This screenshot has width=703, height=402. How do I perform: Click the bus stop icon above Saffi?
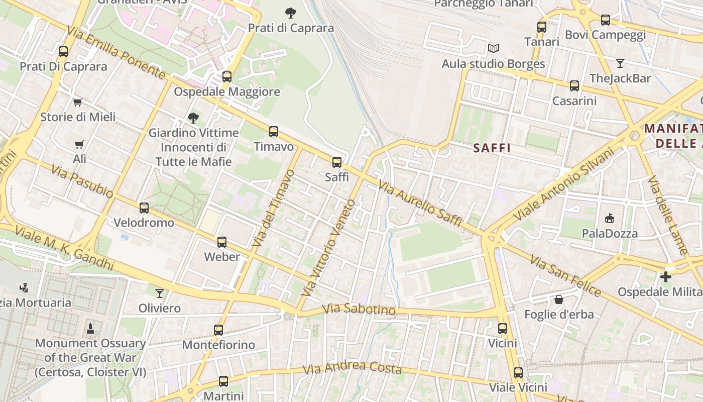pyautogui.click(x=337, y=162)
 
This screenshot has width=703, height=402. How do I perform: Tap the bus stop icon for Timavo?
pyautogui.click(x=274, y=132)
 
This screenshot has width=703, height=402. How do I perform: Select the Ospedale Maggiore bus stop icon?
pyautogui.click(x=227, y=77)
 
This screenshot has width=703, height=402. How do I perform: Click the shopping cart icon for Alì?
pyautogui.click(x=79, y=145)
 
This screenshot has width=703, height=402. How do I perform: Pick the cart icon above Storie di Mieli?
pyautogui.click(x=77, y=103)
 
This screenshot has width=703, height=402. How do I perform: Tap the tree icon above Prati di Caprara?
pyautogui.click(x=290, y=13)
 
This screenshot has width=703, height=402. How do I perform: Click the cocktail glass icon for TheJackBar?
pyautogui.click(x=620, y=63)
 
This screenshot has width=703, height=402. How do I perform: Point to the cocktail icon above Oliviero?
pyautogui.click(x=160, y=293)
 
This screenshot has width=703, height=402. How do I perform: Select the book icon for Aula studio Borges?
pyautogui.click(x=494, y=49)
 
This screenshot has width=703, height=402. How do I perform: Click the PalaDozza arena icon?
pyautogui.click(x=610, y=218)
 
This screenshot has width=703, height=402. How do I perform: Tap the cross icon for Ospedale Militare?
pyautogui.click(x=666, y=277)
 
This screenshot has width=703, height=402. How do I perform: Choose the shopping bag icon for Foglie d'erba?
pyautogui.click(x=559, y=299)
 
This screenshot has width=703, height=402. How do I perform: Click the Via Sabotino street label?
pyautogui.click(x=359, y=310)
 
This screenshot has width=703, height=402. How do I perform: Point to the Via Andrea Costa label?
pyautogui.click(x=353, y=368)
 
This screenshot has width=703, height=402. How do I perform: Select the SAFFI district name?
pyautogui.click(x=492, y=148)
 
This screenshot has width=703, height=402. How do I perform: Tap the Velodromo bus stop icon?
pyautogui.click(x=144, y=208)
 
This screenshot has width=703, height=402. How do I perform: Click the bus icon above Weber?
pyautogui.click(x=222, y=242)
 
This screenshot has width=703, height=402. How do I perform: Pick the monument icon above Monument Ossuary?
pyautogui.click(x=90, y=329)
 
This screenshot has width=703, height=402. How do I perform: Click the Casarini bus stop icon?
pyautogui.click(x=574, y=86)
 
